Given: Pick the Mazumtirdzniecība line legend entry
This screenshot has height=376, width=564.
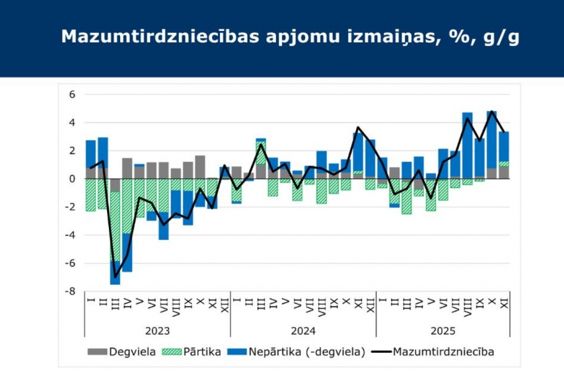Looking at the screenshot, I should [434, 352].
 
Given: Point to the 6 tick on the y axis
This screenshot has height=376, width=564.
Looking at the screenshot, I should [72, 95].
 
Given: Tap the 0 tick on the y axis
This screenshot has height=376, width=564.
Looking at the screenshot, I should [72, 179].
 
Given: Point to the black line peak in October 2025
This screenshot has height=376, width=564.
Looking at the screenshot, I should [492, 112].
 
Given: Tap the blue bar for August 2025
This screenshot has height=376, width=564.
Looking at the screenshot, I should [468, 145].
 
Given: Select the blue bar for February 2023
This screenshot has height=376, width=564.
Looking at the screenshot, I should [103, 152].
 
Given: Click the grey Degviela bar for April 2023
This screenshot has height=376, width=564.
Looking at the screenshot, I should [127, 168].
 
